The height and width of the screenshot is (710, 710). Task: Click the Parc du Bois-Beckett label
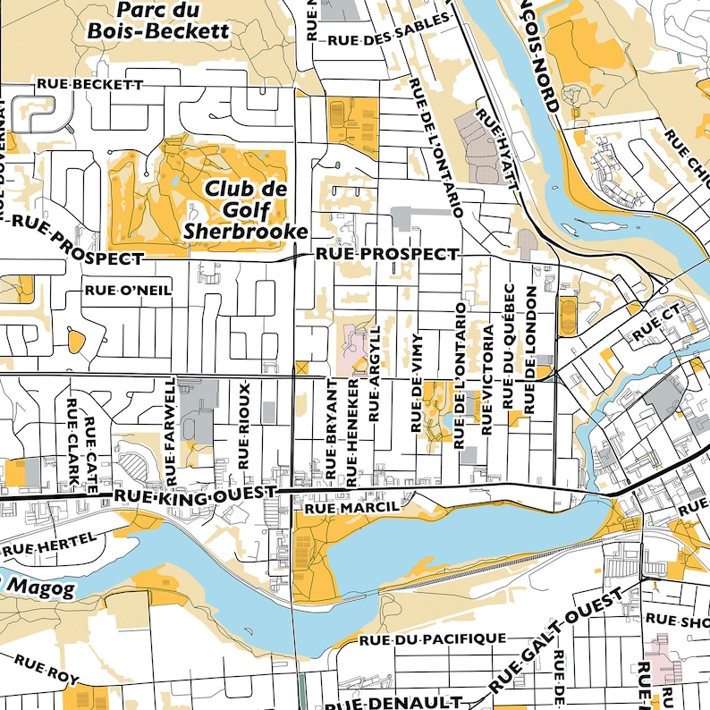(157, 20)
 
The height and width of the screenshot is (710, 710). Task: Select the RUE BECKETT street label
(89, 83)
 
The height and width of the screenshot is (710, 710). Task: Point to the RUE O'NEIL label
(127, 290)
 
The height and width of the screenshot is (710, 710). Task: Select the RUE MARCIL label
(350, 508)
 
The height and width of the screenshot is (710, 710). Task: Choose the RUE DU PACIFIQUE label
(432, 639)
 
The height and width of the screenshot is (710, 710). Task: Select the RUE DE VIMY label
(416, 385)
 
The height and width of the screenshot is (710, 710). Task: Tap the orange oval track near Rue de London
(566, 317)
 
